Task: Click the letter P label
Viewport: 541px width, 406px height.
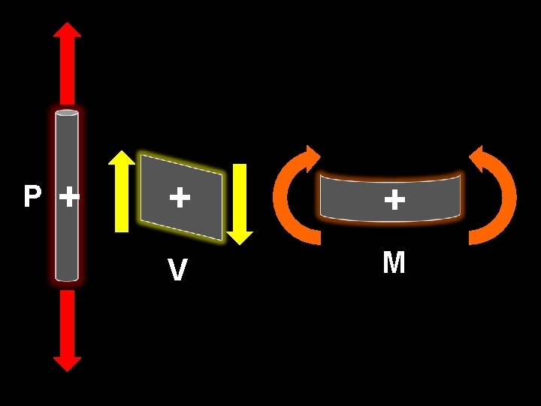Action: (32, 197)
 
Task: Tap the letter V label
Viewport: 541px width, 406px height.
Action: (177, 270)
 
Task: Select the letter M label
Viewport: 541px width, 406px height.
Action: (394, 263)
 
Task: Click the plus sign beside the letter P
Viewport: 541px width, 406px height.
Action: (68, 198)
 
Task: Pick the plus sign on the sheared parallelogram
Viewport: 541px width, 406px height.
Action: (179, 198)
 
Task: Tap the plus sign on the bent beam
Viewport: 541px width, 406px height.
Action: (394, 199)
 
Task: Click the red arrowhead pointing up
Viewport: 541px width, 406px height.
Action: (67, 30)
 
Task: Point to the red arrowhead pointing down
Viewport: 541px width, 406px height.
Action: (67, 363)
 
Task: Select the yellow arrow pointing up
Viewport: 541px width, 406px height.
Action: (121, 191)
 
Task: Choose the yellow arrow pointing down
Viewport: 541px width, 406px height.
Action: (240, 204)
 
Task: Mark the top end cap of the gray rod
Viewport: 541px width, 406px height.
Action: (67, 114)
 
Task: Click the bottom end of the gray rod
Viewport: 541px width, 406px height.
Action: (67, 277)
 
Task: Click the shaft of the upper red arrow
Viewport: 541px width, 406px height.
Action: (67, 71)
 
